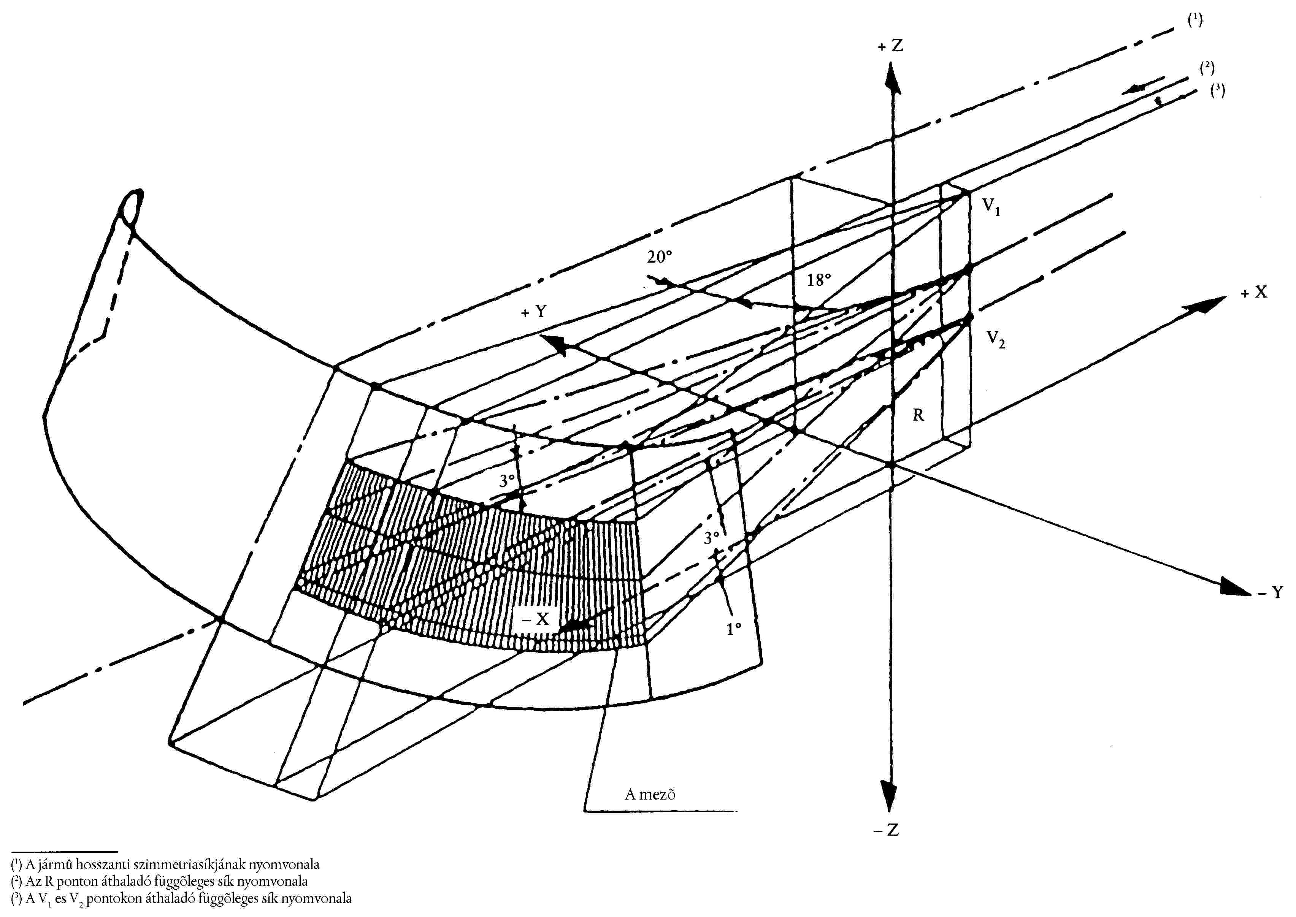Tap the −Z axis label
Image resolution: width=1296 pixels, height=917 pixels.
(x=886, y=830)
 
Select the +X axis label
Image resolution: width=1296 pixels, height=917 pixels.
(x=1254, y=292)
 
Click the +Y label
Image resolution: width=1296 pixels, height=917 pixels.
(x=534, y=311)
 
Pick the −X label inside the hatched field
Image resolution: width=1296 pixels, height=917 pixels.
(x=535, y=618)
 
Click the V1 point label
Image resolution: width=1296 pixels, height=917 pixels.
(x=991, y=206)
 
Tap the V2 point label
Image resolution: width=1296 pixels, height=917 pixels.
(x=995, y=339)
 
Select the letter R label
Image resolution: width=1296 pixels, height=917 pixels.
(x=918, y=415)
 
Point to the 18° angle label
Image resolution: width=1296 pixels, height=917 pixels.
(x=818, y=279)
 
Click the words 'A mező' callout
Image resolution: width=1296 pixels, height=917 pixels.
(x=650, y=794)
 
